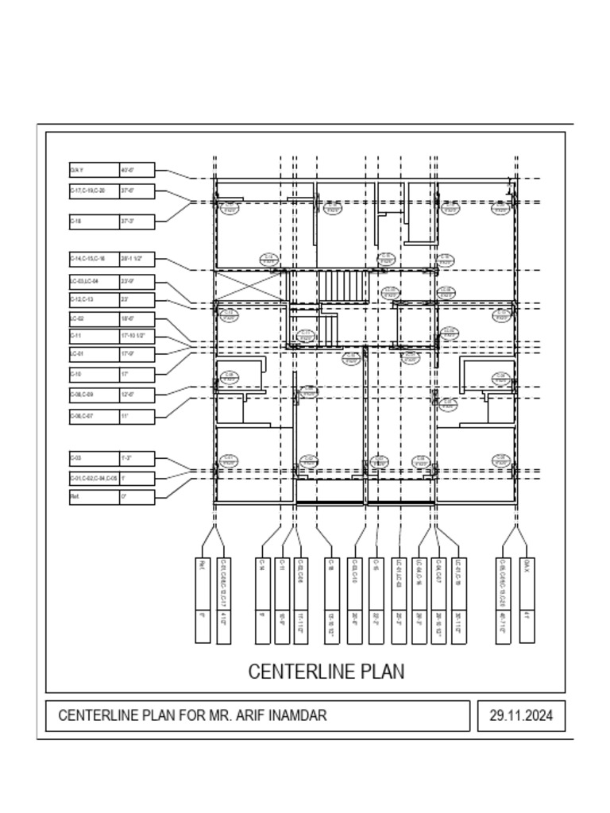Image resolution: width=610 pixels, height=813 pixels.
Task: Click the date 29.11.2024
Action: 520,715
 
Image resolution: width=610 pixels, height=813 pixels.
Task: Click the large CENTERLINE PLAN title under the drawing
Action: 326,672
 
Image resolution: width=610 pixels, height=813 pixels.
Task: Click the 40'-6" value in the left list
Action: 127,170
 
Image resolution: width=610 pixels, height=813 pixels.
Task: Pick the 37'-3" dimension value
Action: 127,222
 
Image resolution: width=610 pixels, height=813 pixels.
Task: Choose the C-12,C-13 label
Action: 82,300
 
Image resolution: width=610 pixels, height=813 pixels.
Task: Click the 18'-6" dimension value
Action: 127,319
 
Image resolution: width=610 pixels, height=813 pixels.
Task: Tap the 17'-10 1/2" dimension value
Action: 132,336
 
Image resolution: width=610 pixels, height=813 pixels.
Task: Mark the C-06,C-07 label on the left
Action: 82,416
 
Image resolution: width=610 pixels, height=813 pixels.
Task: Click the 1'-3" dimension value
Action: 125,459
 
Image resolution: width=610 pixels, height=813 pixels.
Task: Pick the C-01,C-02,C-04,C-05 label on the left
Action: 94,479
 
